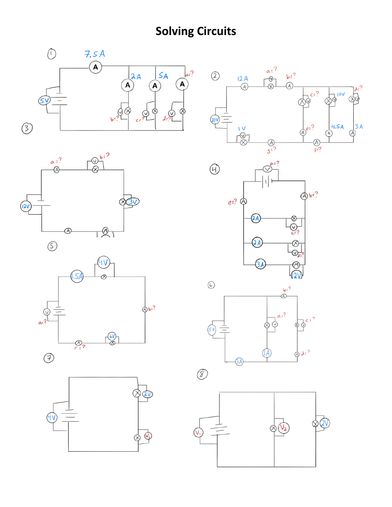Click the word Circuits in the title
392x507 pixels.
point(216,31)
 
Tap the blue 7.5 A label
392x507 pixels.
point(94,54)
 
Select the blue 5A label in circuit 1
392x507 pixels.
point(163,76)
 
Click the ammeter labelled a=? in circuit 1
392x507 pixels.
point(183,84)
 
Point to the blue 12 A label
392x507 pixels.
point(243,79)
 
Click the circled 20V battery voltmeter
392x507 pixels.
point(215,120)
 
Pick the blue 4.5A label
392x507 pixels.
point(337,126)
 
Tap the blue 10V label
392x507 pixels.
point(341,94)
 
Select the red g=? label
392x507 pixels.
point(272,149)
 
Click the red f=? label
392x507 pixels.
point(317,149)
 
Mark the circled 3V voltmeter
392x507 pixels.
point(133,201)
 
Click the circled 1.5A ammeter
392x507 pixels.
point(77,276)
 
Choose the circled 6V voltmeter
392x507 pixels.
point(112,336)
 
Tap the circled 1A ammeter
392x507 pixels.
point(267,353)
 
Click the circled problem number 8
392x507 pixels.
point(202,374)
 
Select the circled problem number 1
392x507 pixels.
point(52,54)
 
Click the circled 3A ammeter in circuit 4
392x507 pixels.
point(261,264)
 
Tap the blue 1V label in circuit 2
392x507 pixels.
point(242,128)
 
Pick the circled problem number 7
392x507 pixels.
point(48,358)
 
